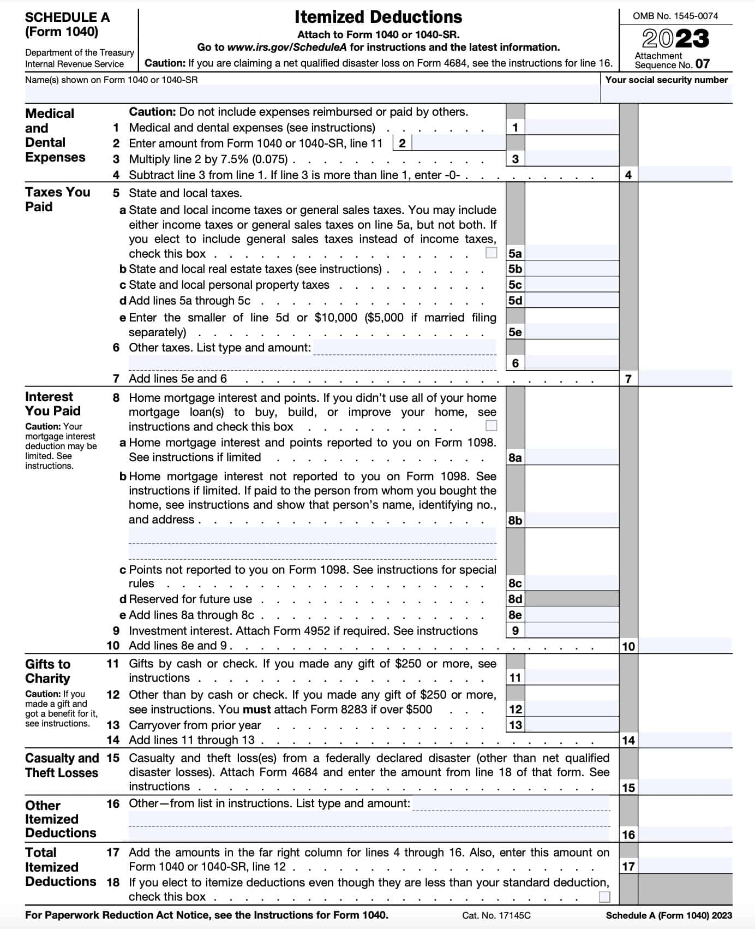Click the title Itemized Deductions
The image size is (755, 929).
point(377,17)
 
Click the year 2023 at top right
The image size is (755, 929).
point(675,39)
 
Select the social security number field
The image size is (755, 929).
point(666,94)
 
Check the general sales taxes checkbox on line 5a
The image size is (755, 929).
point(491,253)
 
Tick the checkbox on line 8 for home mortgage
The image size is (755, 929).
point(491,425)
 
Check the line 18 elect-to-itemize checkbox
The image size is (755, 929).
point(604,896)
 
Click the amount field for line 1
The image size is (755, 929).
point(571,128)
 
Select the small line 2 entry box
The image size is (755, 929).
point(458,144)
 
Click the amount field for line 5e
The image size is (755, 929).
point(571,332)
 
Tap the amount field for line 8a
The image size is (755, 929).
point(571,457)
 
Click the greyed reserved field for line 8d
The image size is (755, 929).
point(571,599)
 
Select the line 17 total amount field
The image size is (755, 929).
point(685,866)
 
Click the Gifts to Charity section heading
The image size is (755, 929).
point(47,671)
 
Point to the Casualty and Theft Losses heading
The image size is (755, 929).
point(62,765)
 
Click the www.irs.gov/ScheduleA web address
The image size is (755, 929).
point(287,47)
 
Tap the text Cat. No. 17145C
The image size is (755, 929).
point(496,915)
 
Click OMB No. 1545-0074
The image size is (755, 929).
point(675,16)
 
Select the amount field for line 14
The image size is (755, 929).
point(685,740)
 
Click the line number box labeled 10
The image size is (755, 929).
point(628,646)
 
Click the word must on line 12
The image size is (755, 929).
point(256,710)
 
